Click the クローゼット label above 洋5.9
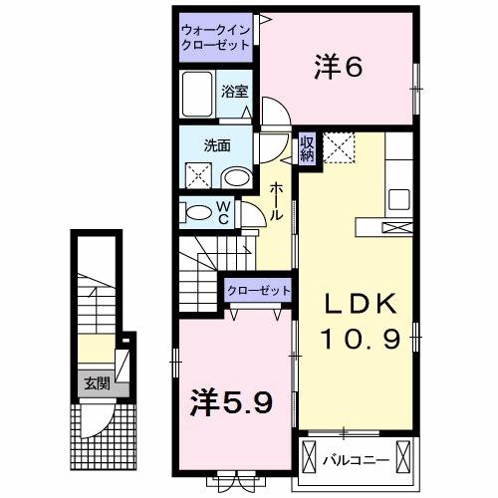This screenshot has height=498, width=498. [259, 290]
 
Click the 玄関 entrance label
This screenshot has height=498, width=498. [97, 382]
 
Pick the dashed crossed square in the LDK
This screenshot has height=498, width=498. [341, 150]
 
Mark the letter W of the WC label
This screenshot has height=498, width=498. [223, 205]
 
